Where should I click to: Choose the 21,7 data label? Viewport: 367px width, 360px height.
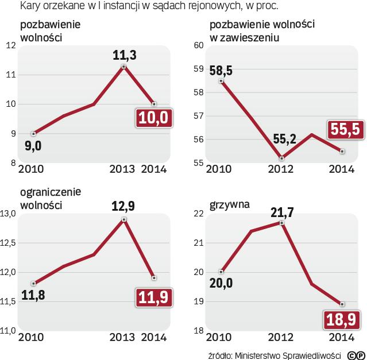click(x=281, y=212)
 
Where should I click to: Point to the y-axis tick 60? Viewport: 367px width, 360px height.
click(x=199, y=45)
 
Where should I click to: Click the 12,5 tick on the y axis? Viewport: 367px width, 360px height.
click(x=9, y=243)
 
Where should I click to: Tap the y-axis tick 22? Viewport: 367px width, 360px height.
click(x=199, y=214)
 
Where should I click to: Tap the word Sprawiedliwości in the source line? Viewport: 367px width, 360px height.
click(x=313, y=354)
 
